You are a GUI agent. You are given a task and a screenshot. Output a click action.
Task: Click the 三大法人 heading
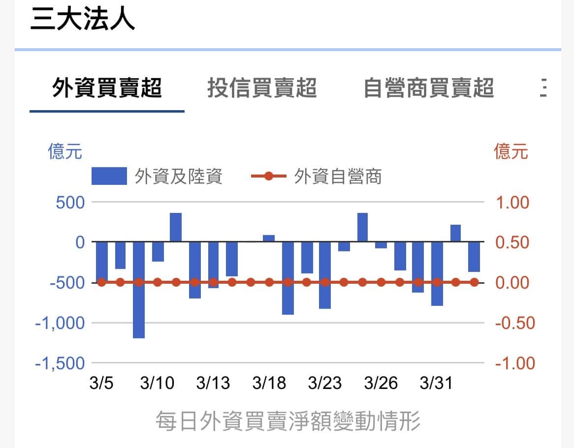click(82, 20)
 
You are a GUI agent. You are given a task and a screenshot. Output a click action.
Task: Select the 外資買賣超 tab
click(107, 89)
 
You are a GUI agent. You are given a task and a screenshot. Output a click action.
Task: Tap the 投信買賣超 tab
click(261, 89)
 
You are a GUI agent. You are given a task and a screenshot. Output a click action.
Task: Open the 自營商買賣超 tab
click(428, 89)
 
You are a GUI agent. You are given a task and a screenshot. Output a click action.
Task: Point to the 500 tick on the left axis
click(70, 202)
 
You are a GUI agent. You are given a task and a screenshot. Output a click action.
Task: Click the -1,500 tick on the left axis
click(60, 363)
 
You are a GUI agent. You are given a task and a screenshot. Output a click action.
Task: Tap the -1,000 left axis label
click(60, 323)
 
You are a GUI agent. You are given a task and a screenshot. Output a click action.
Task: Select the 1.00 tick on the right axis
click(512, 202)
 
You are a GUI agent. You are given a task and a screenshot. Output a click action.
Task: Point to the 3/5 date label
click(101, 383)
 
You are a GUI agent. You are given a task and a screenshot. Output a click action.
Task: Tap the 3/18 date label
click(269, 383)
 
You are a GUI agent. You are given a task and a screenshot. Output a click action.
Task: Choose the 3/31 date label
click(436, 383)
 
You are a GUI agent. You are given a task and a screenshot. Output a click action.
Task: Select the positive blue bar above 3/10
click(176, 227)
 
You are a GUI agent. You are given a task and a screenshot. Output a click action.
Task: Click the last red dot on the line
click(474, 282)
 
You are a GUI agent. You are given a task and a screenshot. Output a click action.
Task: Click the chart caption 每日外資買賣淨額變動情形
click(288, 421)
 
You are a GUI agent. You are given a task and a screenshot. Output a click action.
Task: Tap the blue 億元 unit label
click(65, 151)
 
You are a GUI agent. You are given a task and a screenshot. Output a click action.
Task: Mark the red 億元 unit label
click(511, 151)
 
